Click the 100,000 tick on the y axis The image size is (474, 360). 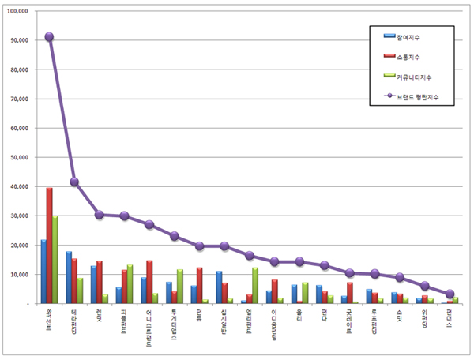(x=17, y=11)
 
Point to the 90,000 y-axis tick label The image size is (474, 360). (x=18, y=40)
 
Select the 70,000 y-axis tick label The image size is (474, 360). (x=18, y=99)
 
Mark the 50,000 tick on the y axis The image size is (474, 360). (x=18, y=157)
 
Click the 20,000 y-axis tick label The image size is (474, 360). (x=18, y=245)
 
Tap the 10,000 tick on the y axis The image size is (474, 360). (x=18, y=274)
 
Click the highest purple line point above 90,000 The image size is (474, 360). (x=49, y=36)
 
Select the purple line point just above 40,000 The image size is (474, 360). (x=74, y=182)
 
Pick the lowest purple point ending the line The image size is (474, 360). (x=450, y=294)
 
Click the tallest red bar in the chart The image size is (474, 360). (x=49, y=246)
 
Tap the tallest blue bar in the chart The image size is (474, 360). (x=43, y=272)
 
